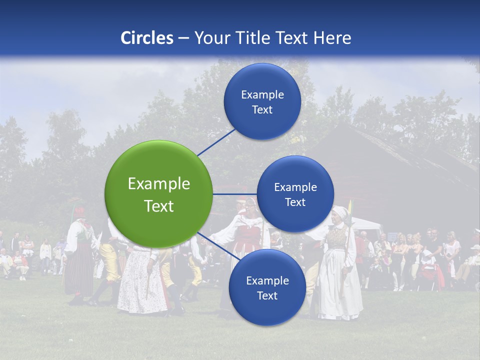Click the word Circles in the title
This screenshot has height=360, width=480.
(146, 38)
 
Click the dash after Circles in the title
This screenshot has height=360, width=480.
(183, 38)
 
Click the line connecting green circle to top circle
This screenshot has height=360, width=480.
(216, 142)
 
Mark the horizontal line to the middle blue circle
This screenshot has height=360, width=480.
(234, 194)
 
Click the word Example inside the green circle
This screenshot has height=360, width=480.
(158, 184)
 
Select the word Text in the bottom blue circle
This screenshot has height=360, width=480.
(267, 296)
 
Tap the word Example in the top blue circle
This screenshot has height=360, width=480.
(262, 95)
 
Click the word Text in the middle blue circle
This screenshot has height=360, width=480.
(295, 202)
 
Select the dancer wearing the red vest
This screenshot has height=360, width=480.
(247, 235)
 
